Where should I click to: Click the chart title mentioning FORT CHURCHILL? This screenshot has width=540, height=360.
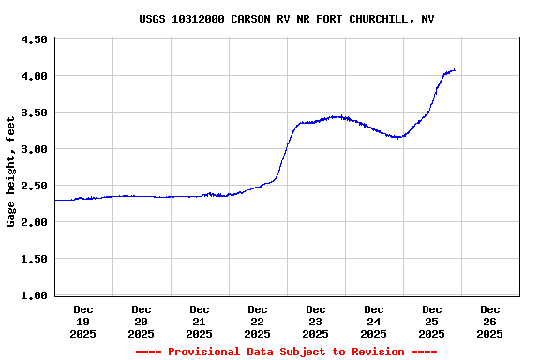tap(286, 19)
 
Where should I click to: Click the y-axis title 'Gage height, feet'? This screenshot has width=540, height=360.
tap(11, 172)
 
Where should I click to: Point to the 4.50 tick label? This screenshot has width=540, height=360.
tap(34, 39)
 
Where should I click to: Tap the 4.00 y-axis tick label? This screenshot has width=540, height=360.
tap(34, 76)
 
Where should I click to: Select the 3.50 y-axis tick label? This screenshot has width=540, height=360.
tap(34, 112)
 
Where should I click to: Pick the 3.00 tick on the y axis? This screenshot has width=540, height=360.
tap(34, 149)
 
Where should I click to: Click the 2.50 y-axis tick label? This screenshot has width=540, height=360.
tap(34, 186)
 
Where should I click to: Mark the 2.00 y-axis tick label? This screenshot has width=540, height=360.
tap(34, 222)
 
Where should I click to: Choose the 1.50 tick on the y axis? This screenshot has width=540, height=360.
tap(34, 259)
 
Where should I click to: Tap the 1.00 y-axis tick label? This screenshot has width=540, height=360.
tap(34, 295)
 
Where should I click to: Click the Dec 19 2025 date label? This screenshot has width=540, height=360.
tap(83, 321)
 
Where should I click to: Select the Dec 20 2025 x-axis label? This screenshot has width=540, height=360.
tap(142, 321)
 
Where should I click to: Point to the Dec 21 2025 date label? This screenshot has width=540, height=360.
tap(200, 321)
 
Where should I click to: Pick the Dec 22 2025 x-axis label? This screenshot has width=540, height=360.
tap(258, 321)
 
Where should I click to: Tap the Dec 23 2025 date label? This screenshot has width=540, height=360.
tap(316, 321)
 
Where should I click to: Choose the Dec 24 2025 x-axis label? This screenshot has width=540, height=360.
tap(374, 321)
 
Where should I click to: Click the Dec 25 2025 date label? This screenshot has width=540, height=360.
tap(432, 321)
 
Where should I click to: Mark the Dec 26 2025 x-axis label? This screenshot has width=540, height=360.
tap(490, 321)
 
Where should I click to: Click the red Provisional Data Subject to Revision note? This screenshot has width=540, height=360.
tap(286, 352)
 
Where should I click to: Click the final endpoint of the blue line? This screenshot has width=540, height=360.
tap(455, 69)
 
